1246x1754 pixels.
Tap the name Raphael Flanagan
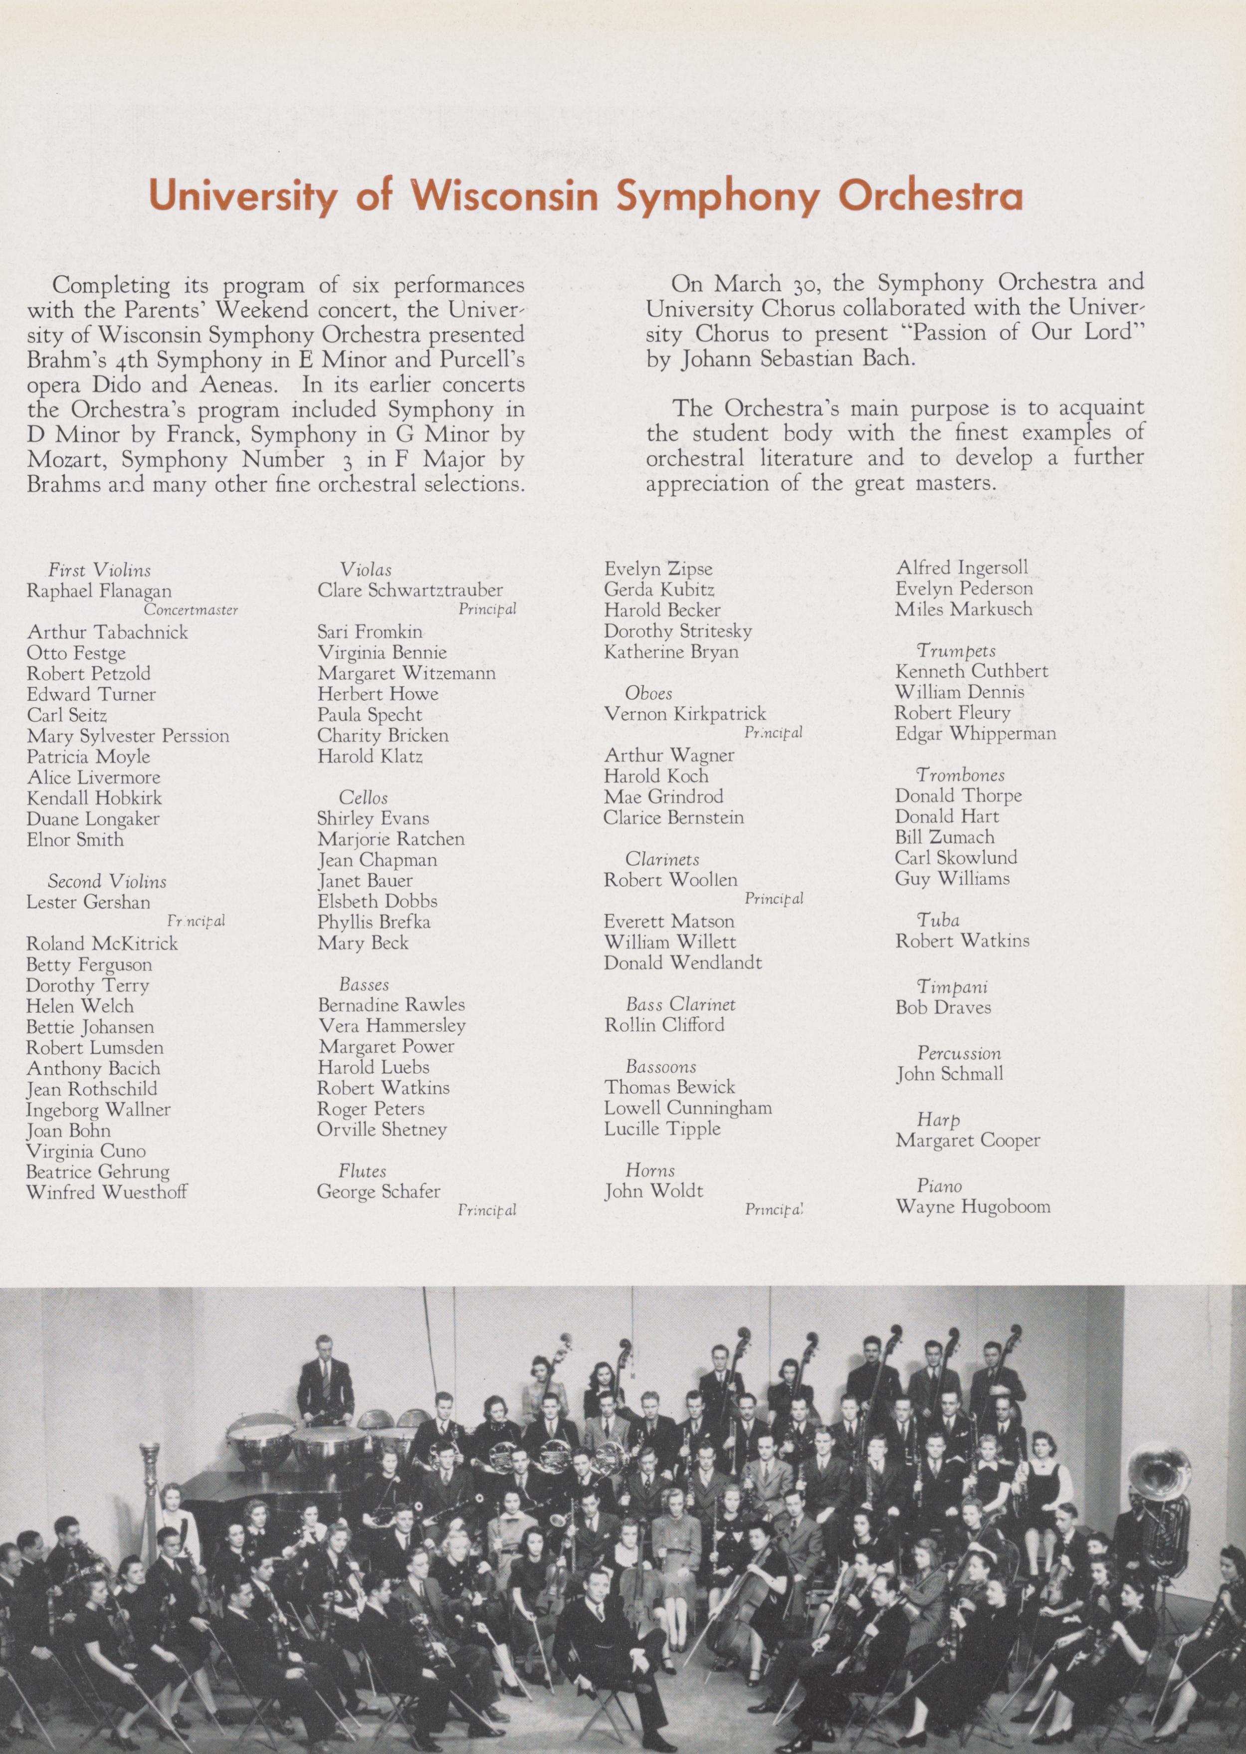point(99,591)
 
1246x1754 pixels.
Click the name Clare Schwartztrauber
point(411,590)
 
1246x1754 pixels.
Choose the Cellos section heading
point(364,798)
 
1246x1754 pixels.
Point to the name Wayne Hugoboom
point(973,1207)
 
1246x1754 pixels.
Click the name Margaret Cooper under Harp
point(968,1141)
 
